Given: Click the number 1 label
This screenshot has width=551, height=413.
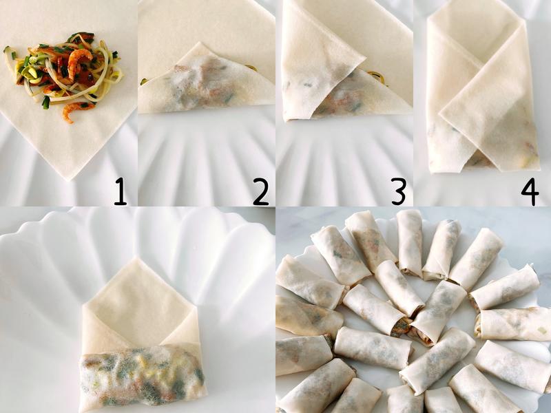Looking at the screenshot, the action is point(120,191).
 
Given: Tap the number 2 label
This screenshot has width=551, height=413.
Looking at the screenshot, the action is point(261,191).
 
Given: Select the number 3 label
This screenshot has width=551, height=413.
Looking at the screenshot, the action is point(399,191).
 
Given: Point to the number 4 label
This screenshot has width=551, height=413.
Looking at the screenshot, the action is point(530,191).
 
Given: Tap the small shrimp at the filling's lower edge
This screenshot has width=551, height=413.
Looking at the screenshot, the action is point(72,111).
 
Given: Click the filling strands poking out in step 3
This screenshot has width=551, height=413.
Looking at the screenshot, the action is point(377,77).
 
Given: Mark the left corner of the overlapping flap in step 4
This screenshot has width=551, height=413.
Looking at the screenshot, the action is point(440,114).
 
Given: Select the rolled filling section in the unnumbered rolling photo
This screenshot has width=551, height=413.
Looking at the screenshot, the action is point(143,374).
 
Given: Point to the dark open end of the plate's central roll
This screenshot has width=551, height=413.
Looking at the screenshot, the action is point(401,326).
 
